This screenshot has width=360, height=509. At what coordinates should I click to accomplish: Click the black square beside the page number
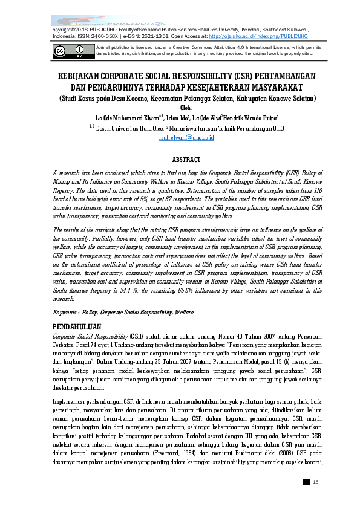tap(306, 481)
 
